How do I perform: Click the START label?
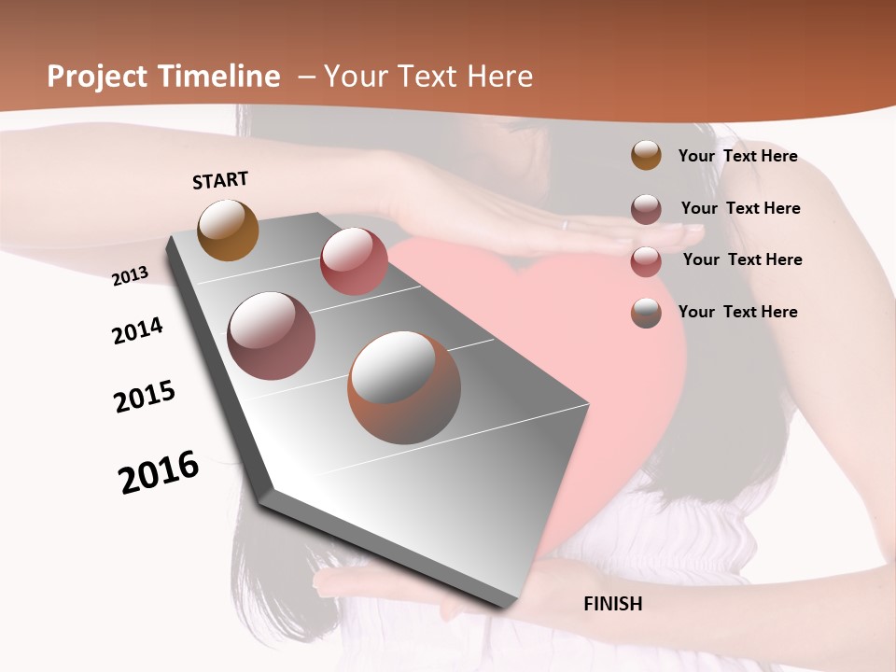pos(220,180)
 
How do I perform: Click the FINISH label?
pos(612,604)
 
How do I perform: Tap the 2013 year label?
pos(130,276)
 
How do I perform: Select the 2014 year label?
pos(137,330)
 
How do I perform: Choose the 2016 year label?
pos(159,472)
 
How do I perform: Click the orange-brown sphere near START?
pos(228,230)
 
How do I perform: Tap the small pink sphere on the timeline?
pos(354,260)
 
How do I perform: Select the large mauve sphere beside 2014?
pos(271,336)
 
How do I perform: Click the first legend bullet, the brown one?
pos(646,156)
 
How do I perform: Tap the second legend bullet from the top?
pos(646,209)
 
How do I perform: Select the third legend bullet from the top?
pos(646,261)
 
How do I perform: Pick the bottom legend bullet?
pos(646,313)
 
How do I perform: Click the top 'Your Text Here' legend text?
pos(737,156)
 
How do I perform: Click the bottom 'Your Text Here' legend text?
pos(737,312)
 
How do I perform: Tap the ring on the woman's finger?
pos(564,224)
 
